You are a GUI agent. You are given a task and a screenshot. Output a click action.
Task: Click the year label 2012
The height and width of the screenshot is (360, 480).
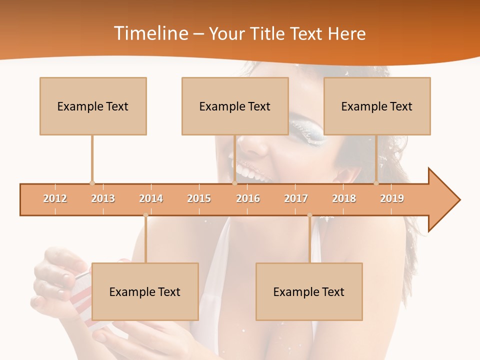[55, 198]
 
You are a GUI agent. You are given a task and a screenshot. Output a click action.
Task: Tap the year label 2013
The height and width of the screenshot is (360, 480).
[103, 198]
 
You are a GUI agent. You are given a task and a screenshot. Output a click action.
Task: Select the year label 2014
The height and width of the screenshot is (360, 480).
[151, 198]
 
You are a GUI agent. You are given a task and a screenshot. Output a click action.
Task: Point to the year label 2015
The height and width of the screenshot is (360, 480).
[199, 198]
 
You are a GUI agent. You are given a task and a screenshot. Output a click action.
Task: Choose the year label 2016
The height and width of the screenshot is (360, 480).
[248, 198]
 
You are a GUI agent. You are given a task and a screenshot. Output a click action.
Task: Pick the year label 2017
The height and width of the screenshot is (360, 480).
[296, 198]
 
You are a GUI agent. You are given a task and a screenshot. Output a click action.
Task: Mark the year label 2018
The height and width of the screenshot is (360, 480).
[344, 198]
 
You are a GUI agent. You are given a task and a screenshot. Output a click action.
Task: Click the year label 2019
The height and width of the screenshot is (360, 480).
[392, 198]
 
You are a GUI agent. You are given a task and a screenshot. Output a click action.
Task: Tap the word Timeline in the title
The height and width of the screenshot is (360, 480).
[150, 33]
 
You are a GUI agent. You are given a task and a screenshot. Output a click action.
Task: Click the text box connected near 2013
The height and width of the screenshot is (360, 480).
[93, 106]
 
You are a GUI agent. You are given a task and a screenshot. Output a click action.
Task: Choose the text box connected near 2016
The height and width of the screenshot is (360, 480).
[235, 106]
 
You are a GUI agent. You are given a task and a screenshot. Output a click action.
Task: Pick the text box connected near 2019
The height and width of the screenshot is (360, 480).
[377, 106]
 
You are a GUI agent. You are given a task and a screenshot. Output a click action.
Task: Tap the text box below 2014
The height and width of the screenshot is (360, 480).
[145, 291]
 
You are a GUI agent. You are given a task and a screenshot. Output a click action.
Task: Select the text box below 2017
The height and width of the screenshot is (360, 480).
[309, 291]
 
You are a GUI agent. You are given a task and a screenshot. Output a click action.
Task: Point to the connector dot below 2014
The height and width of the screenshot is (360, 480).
[145, 215]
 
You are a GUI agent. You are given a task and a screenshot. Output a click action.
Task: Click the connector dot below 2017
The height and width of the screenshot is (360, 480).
[309, 215]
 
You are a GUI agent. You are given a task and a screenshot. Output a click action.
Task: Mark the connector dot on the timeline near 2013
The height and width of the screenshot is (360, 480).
[92, 183]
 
